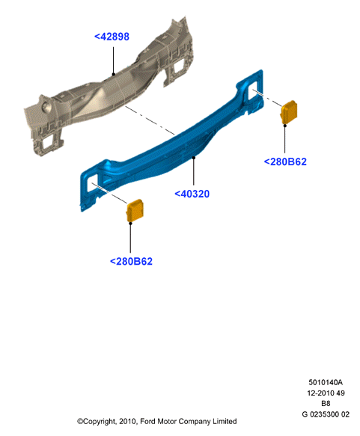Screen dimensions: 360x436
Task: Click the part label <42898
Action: (112, 37)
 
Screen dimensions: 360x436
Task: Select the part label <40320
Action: (192, 194)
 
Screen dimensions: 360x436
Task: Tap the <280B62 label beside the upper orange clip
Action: (285, 162)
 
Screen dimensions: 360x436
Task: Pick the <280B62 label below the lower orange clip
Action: (131, 262)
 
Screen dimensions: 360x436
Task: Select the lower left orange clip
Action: (135, 210)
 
